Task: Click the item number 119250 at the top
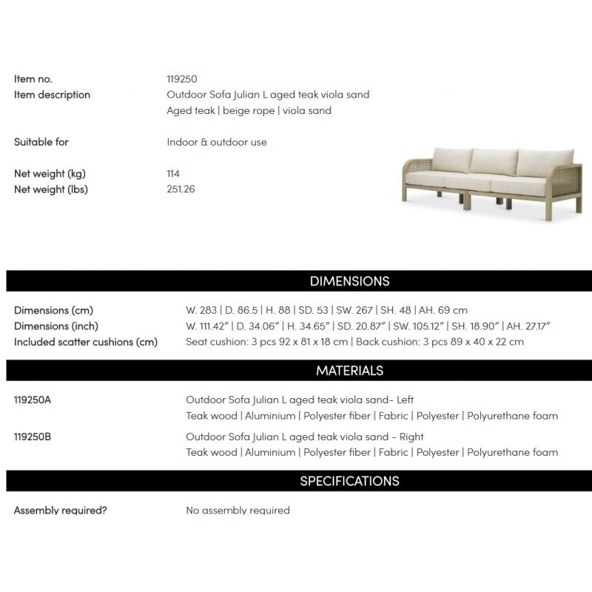click(181, 78)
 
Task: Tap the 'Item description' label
click(52, 95)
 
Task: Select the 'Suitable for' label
click(41, 141)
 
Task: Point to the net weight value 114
click(173, 173)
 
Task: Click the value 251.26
click(181, 189)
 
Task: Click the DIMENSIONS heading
click(349, 281)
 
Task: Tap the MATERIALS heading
click(349, 370)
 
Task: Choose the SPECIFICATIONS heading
click(349, 481)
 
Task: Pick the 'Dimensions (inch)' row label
click(56, 326)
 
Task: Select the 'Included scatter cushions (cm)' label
click(86, 342)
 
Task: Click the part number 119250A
click(33, 400)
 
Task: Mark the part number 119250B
click(33, 437)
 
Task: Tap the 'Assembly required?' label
click(61, 511)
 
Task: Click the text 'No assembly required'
click(238, 511)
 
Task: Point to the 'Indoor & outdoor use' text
click(217, 142)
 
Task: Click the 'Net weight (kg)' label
click(50, 173)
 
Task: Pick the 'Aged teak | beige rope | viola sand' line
click(249, 111)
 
